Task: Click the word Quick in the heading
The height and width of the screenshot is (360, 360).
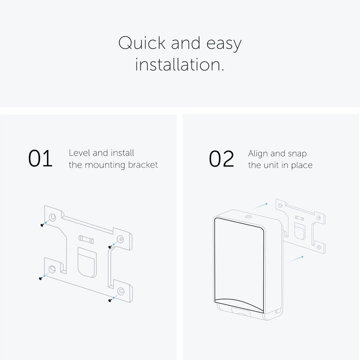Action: click(141, 43)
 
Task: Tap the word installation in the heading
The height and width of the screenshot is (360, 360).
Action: click(179, 64)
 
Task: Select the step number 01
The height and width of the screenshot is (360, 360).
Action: click(40, 158)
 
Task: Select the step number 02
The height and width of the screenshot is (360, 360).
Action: click(221, 158)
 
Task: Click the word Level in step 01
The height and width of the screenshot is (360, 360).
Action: click(79, 153)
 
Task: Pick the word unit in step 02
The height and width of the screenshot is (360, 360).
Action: click(271, 165)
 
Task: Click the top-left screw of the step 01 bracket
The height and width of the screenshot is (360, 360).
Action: click(42, 225)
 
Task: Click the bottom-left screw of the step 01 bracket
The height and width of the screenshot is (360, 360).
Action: click(40, 278)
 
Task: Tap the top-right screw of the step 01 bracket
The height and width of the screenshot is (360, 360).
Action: click(110, 247)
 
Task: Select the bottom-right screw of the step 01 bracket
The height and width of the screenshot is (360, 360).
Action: click(110, 300)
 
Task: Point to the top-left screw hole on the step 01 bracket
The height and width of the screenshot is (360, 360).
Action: click(52, 217)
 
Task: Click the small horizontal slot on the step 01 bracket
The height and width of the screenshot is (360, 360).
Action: click(86, 239)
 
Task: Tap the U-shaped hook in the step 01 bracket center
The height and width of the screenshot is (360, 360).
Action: click(87, 262)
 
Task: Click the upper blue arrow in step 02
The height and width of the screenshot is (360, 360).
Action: click(260, 205)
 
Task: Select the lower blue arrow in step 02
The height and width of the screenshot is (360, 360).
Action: click(296, 259)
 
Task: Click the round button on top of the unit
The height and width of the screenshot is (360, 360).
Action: click(248, 216)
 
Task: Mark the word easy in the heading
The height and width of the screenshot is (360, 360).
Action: click(224, 44)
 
